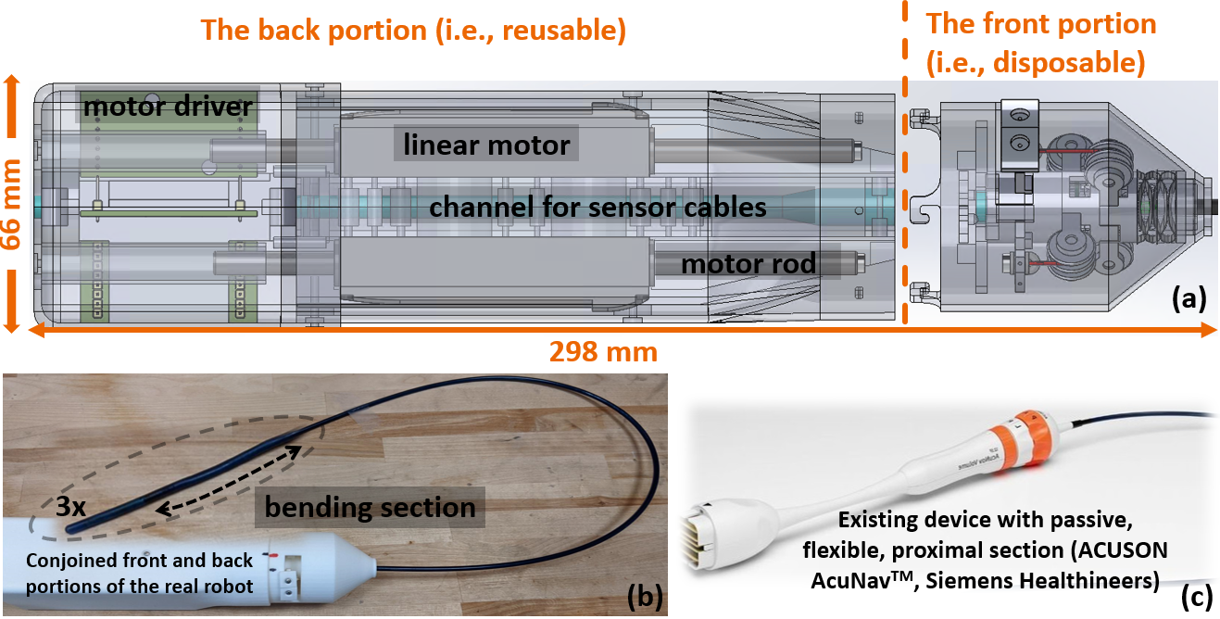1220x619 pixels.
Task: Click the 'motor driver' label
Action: coord(168,107)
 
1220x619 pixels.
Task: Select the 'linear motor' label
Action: coord(486,145)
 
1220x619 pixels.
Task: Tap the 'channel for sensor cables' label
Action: coord(597,207)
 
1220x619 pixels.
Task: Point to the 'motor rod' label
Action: coord(748,264)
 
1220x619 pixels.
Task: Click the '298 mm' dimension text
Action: coord(603,351)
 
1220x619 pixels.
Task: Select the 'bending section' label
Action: coord(370,508)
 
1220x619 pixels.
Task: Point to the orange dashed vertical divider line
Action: coord(904,185)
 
